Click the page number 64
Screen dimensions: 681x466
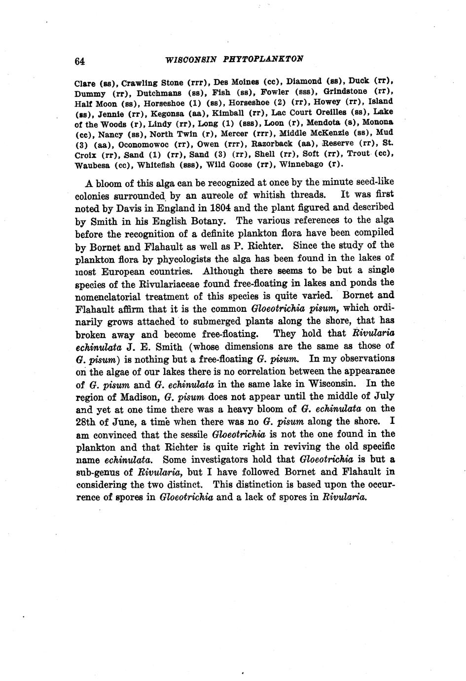pos(80,62)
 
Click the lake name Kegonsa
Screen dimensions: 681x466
pos(168,113)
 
